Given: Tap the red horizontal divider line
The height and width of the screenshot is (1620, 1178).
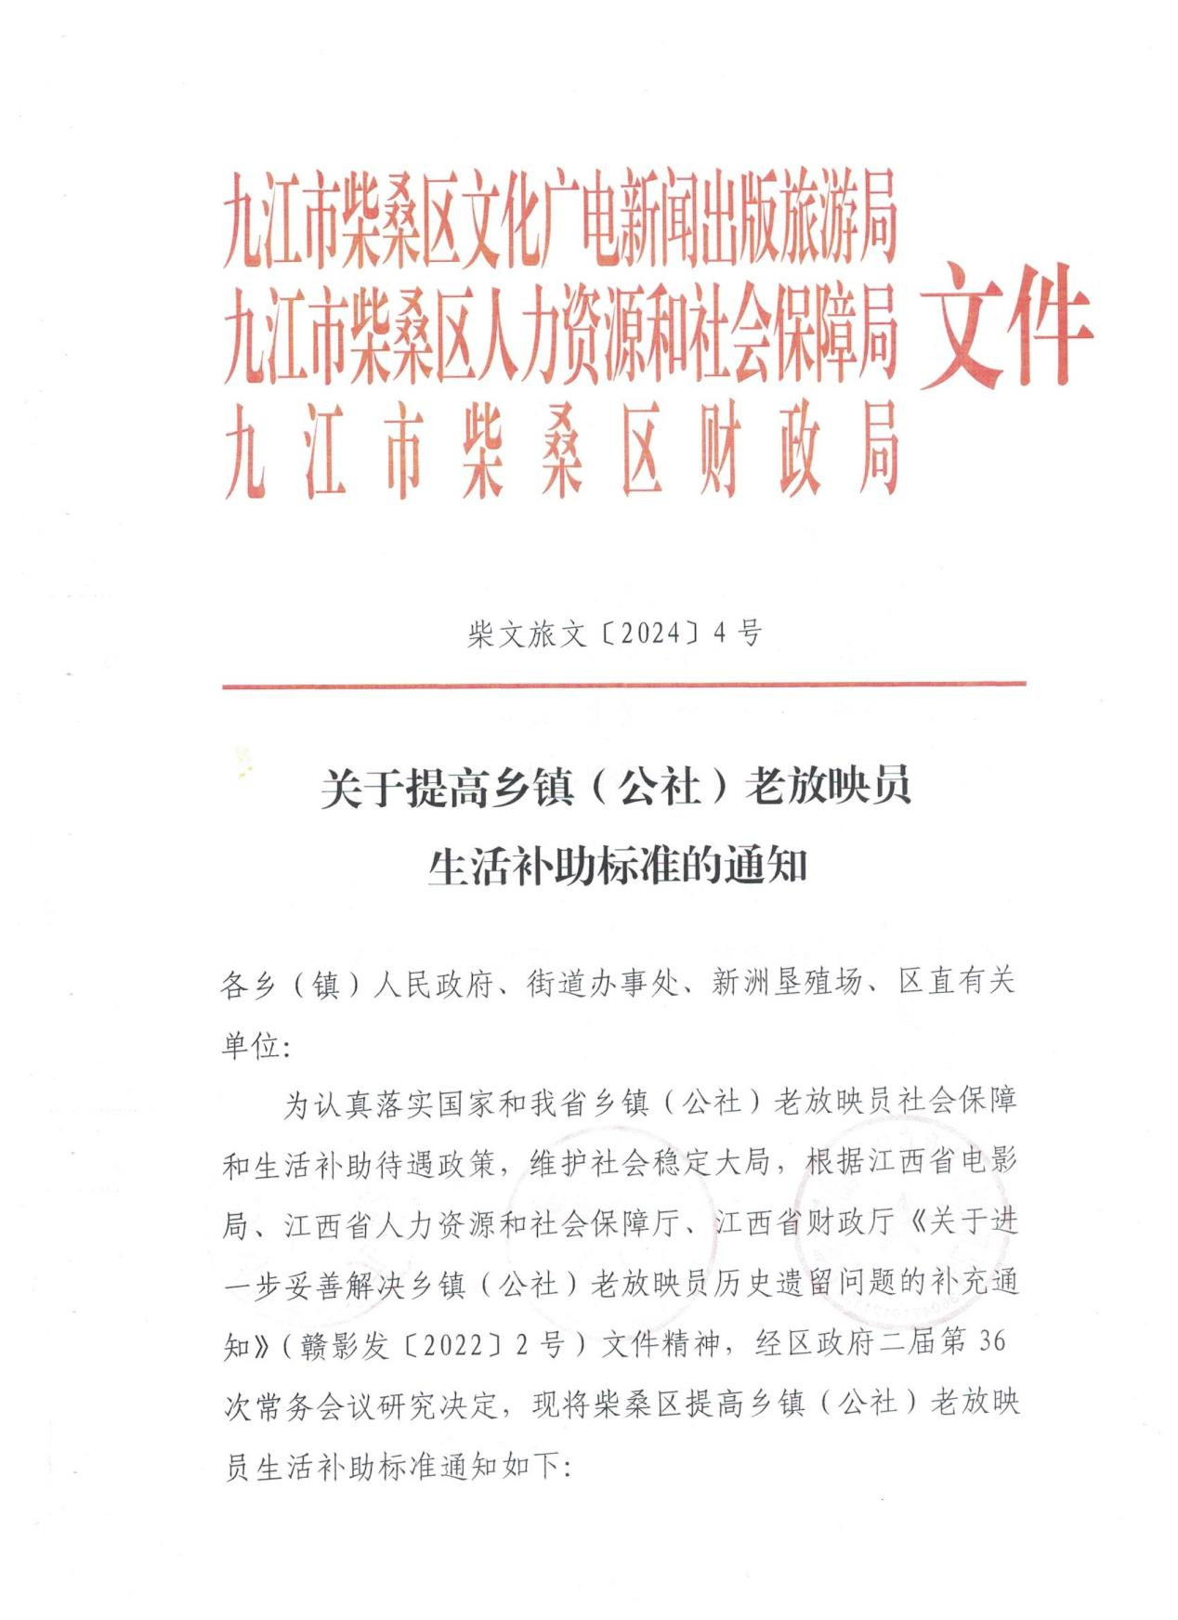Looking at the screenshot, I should tap(623, 685).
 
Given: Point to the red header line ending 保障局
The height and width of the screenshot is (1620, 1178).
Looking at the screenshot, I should tap(559, 335).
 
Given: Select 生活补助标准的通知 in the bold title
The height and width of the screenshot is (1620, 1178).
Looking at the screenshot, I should tap(617, 866).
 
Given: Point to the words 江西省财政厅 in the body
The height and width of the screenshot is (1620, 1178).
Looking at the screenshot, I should tap(805, 1223).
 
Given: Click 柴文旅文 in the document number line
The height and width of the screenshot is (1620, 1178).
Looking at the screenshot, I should tap(528, 634).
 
